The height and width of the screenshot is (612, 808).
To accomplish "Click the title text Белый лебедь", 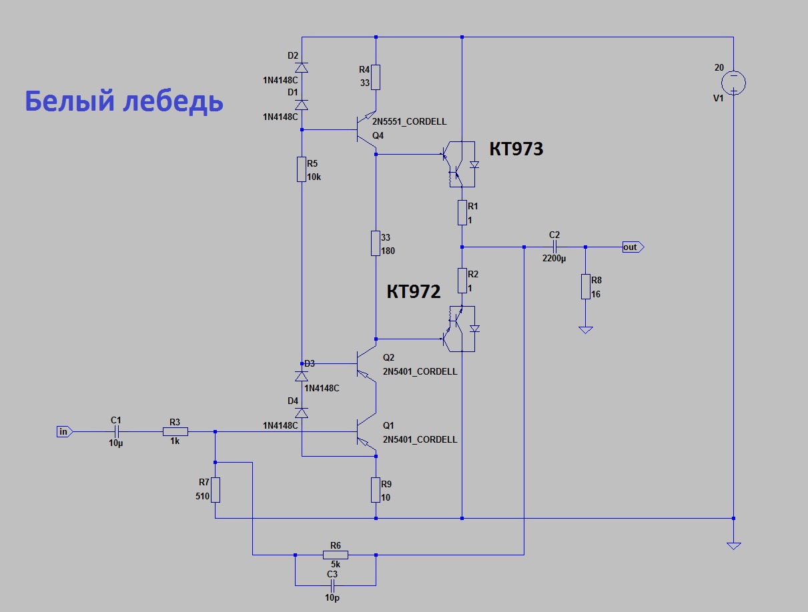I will coord(124,101).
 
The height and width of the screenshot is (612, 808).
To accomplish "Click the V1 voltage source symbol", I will coord(733,83).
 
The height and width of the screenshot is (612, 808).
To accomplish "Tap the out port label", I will coord(631,247).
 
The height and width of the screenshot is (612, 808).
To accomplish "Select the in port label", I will coord(64,432).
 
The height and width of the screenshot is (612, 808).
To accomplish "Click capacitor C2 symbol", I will coord(554,247).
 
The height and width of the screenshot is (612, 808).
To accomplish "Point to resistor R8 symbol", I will coord(585,286).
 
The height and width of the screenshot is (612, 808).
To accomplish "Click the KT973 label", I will coord(516,149).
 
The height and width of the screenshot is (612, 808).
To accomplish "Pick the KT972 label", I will coord(414,291).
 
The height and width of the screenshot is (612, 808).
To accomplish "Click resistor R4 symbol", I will coord(376,77).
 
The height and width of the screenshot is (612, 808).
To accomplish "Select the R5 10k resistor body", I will coord(302,169).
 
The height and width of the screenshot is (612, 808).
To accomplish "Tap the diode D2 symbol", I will coord(302,67).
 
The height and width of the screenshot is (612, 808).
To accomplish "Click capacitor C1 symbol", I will coord(116,432).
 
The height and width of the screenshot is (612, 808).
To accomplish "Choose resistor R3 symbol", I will coord(175,432).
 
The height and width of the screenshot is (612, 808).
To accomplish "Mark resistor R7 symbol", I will coord(216,489).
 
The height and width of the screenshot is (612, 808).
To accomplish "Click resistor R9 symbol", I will coord(376,490).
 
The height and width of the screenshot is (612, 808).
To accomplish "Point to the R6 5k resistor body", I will coord(335,555).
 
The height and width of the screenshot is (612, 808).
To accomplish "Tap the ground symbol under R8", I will coord(585,329).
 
